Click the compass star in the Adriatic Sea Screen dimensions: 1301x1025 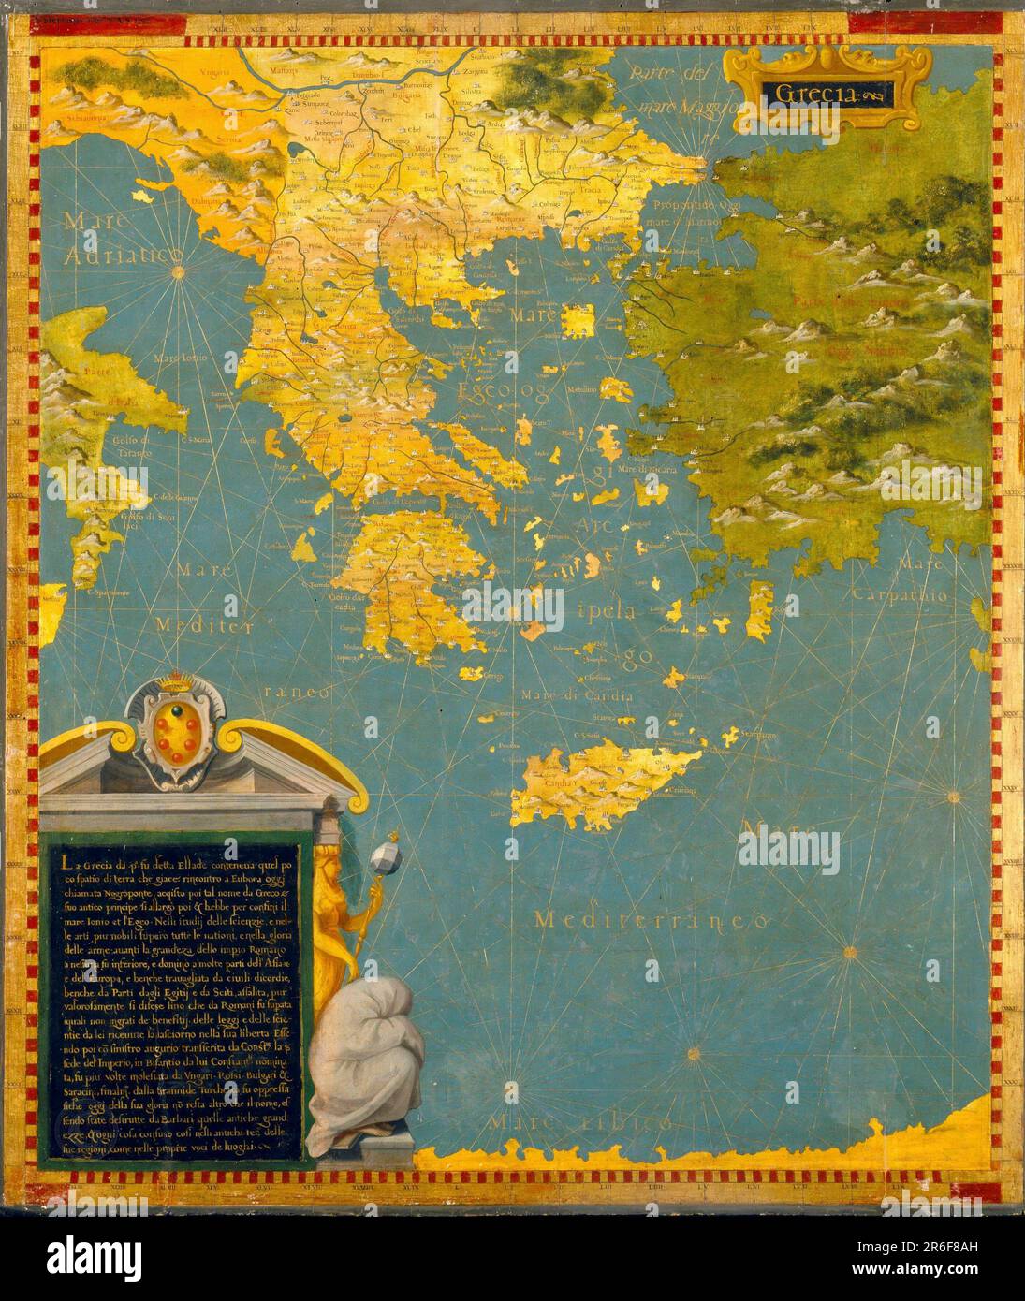click(177, 271)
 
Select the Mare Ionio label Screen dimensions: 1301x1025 click(179, 358)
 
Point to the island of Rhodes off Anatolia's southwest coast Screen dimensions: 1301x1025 click(760, 602)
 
